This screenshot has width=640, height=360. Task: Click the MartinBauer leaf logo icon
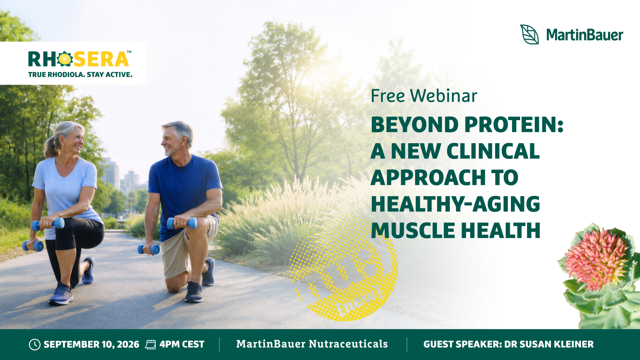529,34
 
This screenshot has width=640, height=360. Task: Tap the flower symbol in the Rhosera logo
65,59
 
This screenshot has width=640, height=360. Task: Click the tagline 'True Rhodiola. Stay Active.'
80,75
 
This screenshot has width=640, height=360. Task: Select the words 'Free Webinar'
424,96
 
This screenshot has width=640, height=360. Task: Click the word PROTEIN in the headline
514,125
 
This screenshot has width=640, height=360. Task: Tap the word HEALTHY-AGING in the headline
455,204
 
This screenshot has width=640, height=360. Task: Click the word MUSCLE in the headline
413,230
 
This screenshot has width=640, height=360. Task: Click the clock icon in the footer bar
34,344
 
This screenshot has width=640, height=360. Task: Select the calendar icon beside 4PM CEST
151,344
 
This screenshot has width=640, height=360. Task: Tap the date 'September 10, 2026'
91,344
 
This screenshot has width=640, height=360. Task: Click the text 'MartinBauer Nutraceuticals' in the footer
312,344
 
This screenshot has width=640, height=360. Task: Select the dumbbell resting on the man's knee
182,223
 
